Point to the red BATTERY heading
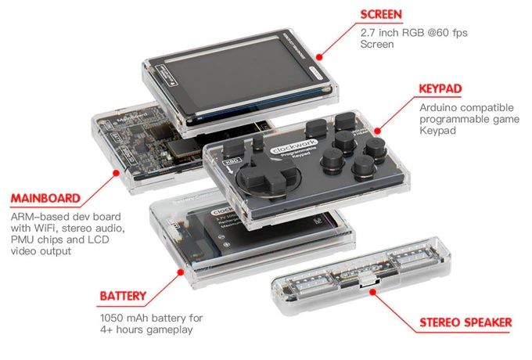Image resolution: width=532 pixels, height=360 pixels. tap(123, 296)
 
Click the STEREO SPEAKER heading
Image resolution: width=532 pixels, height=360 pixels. tap(465, 322)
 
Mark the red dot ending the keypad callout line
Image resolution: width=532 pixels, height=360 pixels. tap(378, 128)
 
